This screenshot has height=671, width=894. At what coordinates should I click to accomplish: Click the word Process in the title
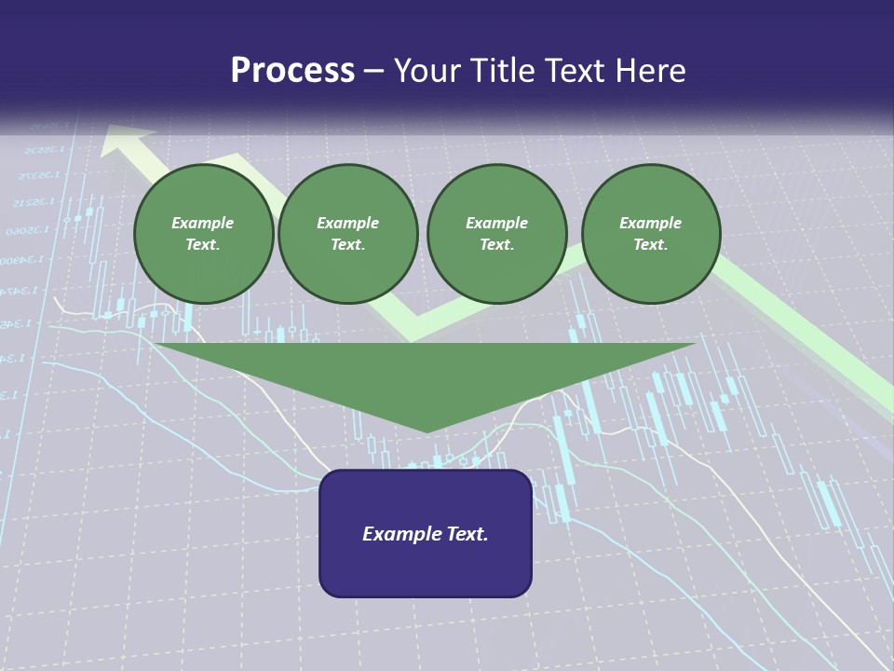pos(292,71)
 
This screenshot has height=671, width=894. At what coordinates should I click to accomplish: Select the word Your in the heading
pos(427,71)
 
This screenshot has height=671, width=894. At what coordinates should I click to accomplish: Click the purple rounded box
pos(426,568)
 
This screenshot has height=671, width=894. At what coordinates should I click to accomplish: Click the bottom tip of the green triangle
pos(427,431)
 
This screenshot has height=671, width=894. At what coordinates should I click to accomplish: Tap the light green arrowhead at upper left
pos(126,141)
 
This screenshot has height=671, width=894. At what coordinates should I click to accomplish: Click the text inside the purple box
pos(426,534)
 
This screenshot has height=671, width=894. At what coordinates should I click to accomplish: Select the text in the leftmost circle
pos(203,234)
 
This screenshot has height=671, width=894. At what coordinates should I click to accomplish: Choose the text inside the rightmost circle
pos(651,234)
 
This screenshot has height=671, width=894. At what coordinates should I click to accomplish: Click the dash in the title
pos(374,72)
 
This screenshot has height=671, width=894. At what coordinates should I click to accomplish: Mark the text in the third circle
pos(497,234)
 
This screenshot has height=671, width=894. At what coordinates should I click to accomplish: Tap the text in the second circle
pos(348,234)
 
